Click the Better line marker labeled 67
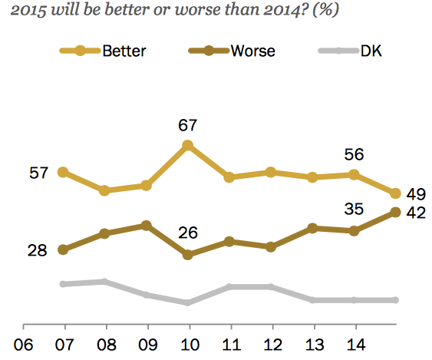(x=187, y=144)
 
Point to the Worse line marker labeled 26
(x=187, y=254)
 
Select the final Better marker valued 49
(x=396, y=193)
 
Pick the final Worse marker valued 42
(x=396, y=212)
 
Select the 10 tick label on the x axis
(x=187, y=343)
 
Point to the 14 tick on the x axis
(x=355, y=343)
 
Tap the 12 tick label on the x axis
(x=271, y=343)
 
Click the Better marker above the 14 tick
(x=355, y=174)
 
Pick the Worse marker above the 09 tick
(x=146, y=225)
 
